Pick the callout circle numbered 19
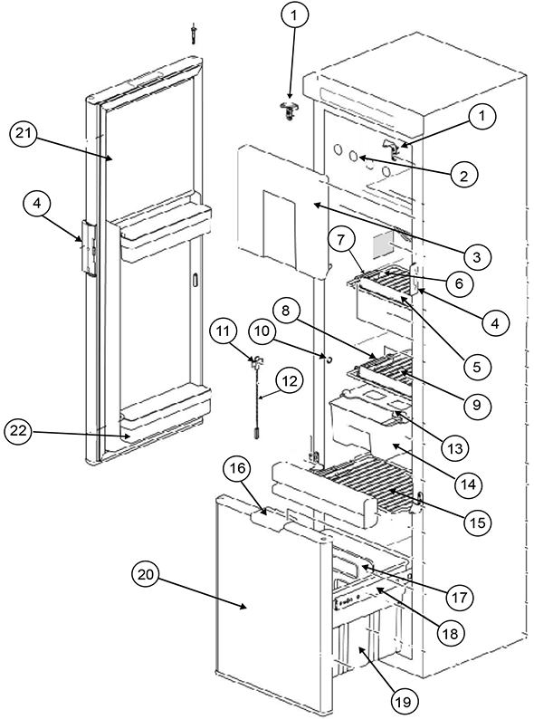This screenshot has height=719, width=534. (405, 700)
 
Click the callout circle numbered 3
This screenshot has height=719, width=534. (476, 257)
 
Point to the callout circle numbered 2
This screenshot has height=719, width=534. (464, 175)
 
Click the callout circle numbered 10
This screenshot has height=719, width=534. (262, 331)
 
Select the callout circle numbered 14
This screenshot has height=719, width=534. (469, 484)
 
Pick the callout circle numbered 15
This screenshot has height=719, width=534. (477, 522)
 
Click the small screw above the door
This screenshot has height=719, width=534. (195, 34)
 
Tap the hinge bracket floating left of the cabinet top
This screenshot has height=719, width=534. (289, 110)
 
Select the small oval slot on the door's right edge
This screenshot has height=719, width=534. (195, 280)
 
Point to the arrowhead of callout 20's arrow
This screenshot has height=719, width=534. (245, 607)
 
